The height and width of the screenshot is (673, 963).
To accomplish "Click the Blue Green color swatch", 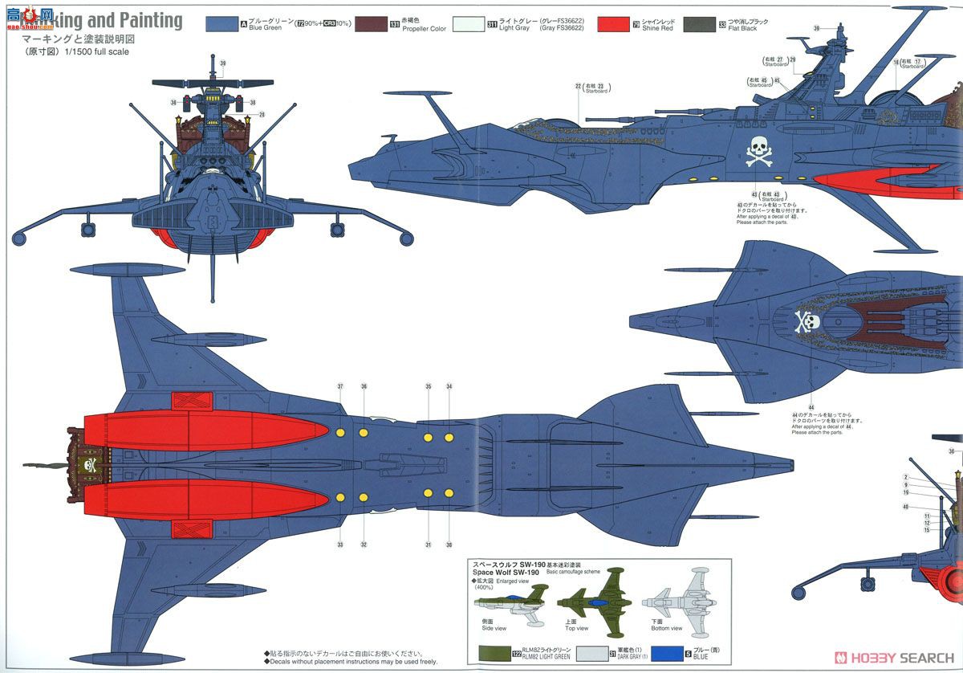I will (x=222, y=24).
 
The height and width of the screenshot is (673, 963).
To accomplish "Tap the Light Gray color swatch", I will (x=469, y=24).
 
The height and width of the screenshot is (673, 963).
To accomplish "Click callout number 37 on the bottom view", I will (x=340, y=386).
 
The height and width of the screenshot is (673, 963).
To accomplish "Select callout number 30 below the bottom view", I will (x=449, y=545).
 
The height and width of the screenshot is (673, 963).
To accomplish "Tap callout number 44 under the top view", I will (x=811, y=406).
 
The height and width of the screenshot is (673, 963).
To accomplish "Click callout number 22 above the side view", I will (x=579, y=86).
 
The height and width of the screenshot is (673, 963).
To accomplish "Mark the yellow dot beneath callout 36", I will (x=364, y=433).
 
